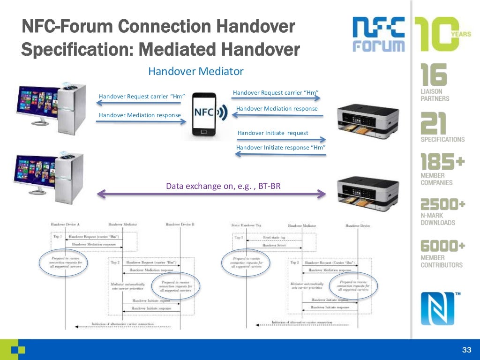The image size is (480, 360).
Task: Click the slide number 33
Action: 466,350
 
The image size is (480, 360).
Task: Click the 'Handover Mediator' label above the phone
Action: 195,72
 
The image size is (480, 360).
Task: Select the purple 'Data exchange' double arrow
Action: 211,194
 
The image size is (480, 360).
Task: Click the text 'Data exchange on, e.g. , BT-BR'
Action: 223,186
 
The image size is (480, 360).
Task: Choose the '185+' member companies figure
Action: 442,162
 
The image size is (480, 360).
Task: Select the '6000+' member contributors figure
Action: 442,246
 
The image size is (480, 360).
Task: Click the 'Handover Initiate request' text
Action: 273,133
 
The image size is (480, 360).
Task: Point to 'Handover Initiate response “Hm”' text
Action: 281,148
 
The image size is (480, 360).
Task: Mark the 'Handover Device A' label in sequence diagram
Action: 65,225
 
